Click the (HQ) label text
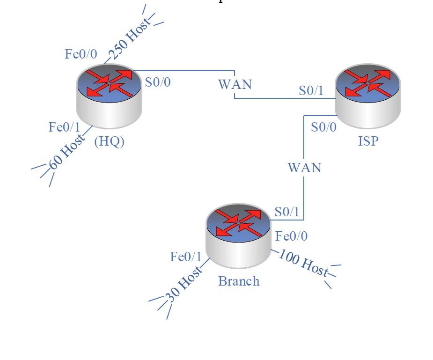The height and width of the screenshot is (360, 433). tap(110, 141)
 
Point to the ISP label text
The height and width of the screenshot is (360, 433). tap(368, 141)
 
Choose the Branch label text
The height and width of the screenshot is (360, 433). tap(239, 281)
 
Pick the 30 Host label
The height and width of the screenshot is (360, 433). tap(184, 284)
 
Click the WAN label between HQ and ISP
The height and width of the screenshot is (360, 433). tap(235, 84)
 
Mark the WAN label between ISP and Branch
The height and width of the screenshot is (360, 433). tap(305, 168)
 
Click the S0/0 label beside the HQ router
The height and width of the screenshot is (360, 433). tap(158, 82)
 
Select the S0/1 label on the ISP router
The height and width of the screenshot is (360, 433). tap(311, 90)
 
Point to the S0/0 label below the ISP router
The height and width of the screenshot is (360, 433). tap(323, 127)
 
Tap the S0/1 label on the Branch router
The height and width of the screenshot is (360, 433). tap(287, 212)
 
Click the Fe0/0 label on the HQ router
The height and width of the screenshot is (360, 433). tap(81, 54)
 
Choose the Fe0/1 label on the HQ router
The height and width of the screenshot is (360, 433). tap(65, 127)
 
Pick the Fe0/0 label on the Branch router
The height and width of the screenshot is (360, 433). tap(292, 236)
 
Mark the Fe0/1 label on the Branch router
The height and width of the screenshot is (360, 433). tap(186, 257)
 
